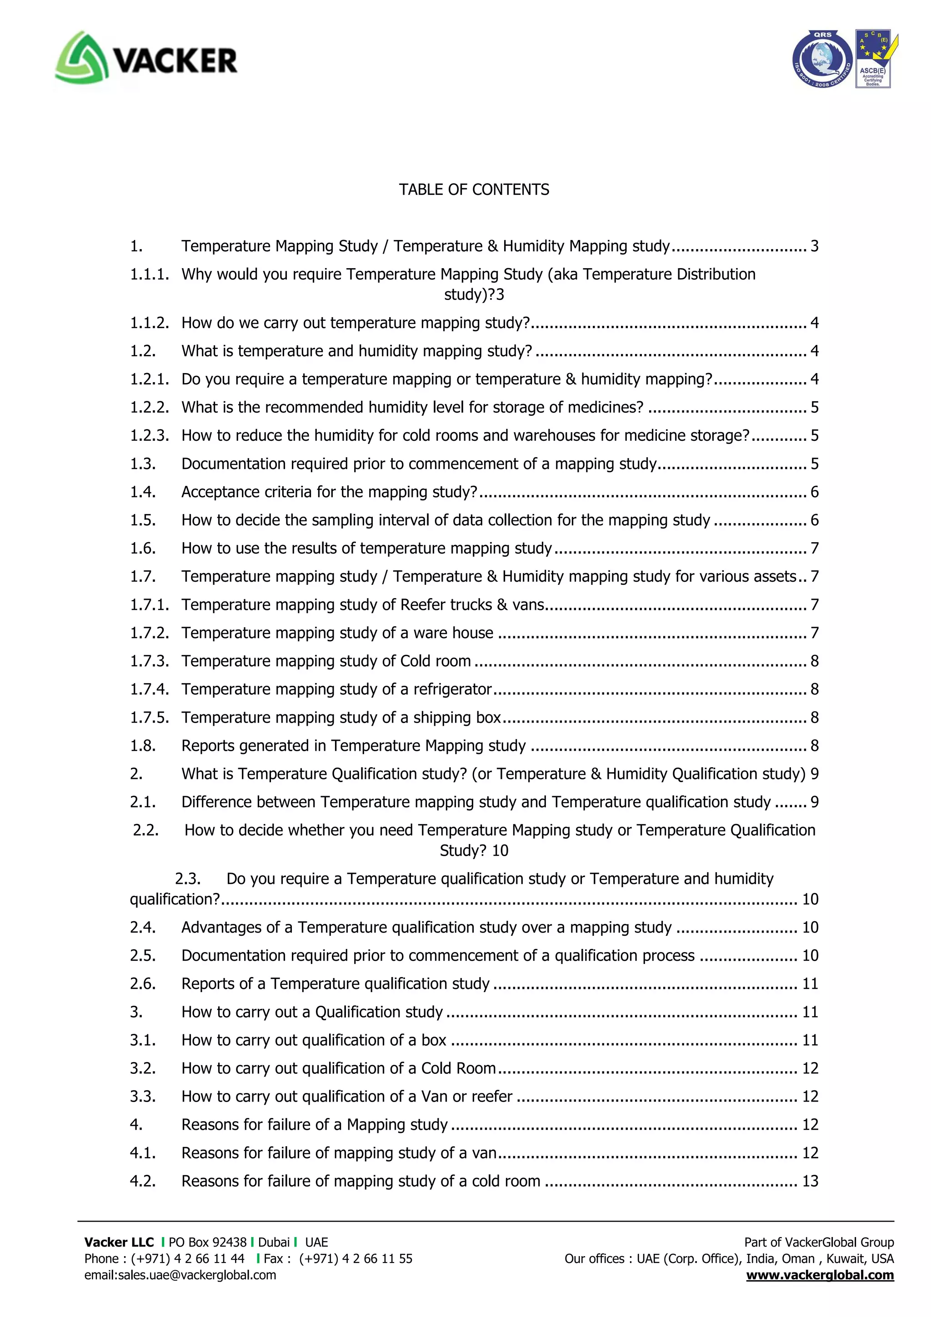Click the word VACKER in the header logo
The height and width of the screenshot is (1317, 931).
(175, 61)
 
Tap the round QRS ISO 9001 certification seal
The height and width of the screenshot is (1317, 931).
(822, 59)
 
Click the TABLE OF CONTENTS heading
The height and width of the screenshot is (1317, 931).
(474, 190)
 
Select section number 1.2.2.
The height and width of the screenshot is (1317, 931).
(149, 407)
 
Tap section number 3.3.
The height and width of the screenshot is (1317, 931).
(142, 1096)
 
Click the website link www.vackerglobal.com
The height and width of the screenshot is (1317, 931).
(820, 1275)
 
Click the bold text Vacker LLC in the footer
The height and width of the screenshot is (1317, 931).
(119, 1242)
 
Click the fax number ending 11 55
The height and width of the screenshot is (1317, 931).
(355, 1258)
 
